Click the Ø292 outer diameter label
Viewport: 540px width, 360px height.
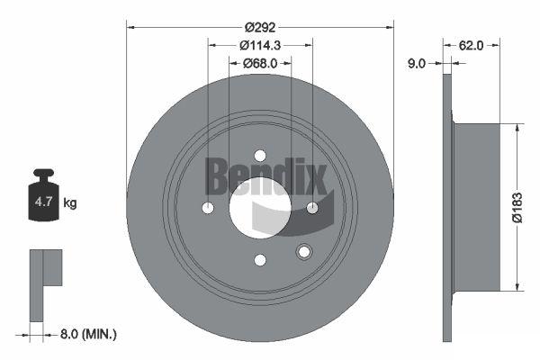260,27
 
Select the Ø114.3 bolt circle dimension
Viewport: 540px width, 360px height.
260,45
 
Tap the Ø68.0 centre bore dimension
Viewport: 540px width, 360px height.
260,63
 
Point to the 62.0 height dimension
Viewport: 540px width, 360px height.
471,45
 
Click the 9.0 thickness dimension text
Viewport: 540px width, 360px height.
417,63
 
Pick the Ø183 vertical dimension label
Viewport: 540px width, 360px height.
517,207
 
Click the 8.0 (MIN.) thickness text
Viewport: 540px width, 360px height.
88,334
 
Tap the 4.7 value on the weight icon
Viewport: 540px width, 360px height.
44,202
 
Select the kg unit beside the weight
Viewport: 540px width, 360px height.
70,202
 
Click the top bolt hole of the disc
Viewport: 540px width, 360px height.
260,156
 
